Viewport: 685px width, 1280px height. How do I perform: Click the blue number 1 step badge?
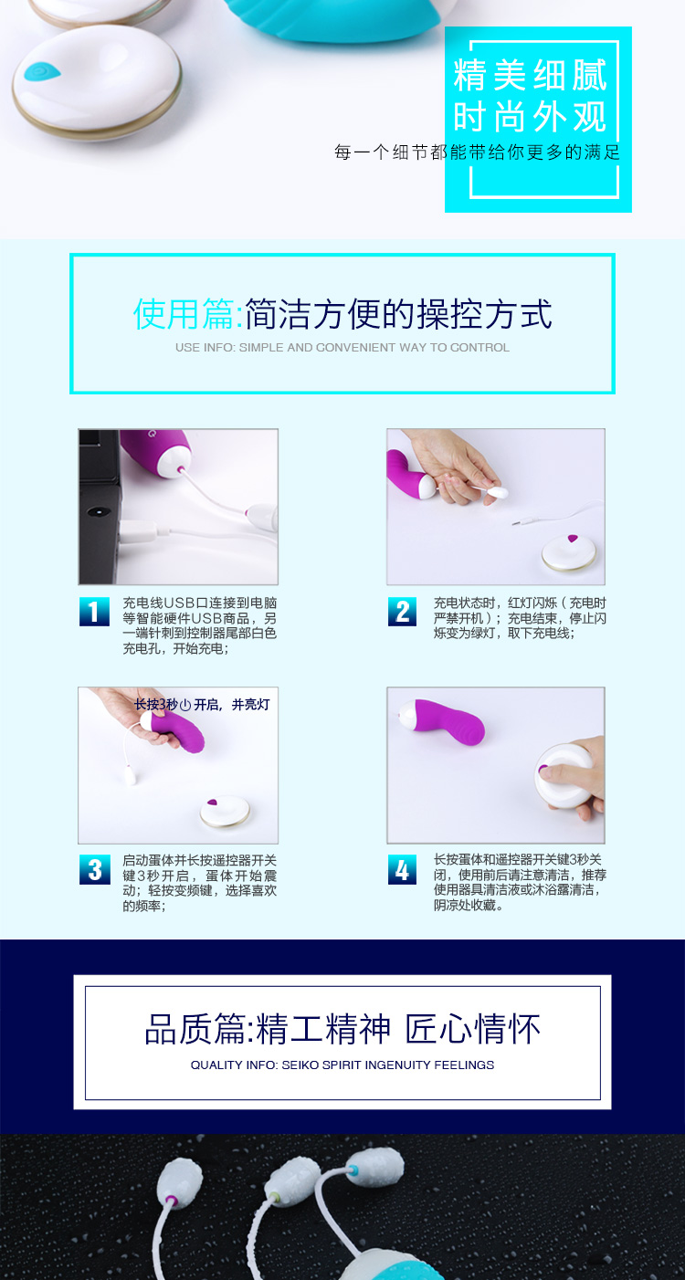click(94, 612)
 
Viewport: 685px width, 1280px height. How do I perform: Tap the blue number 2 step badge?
click(402, 612)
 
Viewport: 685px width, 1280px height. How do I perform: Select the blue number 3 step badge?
click(94, 870)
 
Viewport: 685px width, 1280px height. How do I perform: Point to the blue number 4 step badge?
click(402, 870)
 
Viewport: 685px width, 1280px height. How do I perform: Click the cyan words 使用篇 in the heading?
click(184, 314)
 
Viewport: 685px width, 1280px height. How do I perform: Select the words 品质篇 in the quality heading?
click(195, 1029)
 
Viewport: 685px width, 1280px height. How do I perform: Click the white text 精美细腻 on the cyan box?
click(530, 75)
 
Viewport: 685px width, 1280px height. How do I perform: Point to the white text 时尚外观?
click(530, 117)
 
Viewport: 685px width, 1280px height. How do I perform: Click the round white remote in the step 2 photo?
click(569, 551)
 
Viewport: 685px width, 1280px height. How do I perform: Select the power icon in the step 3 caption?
click(185, 706)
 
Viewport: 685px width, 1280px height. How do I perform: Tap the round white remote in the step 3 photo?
click(225, 811)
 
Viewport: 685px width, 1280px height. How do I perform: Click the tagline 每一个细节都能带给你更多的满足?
click(478, 152)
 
